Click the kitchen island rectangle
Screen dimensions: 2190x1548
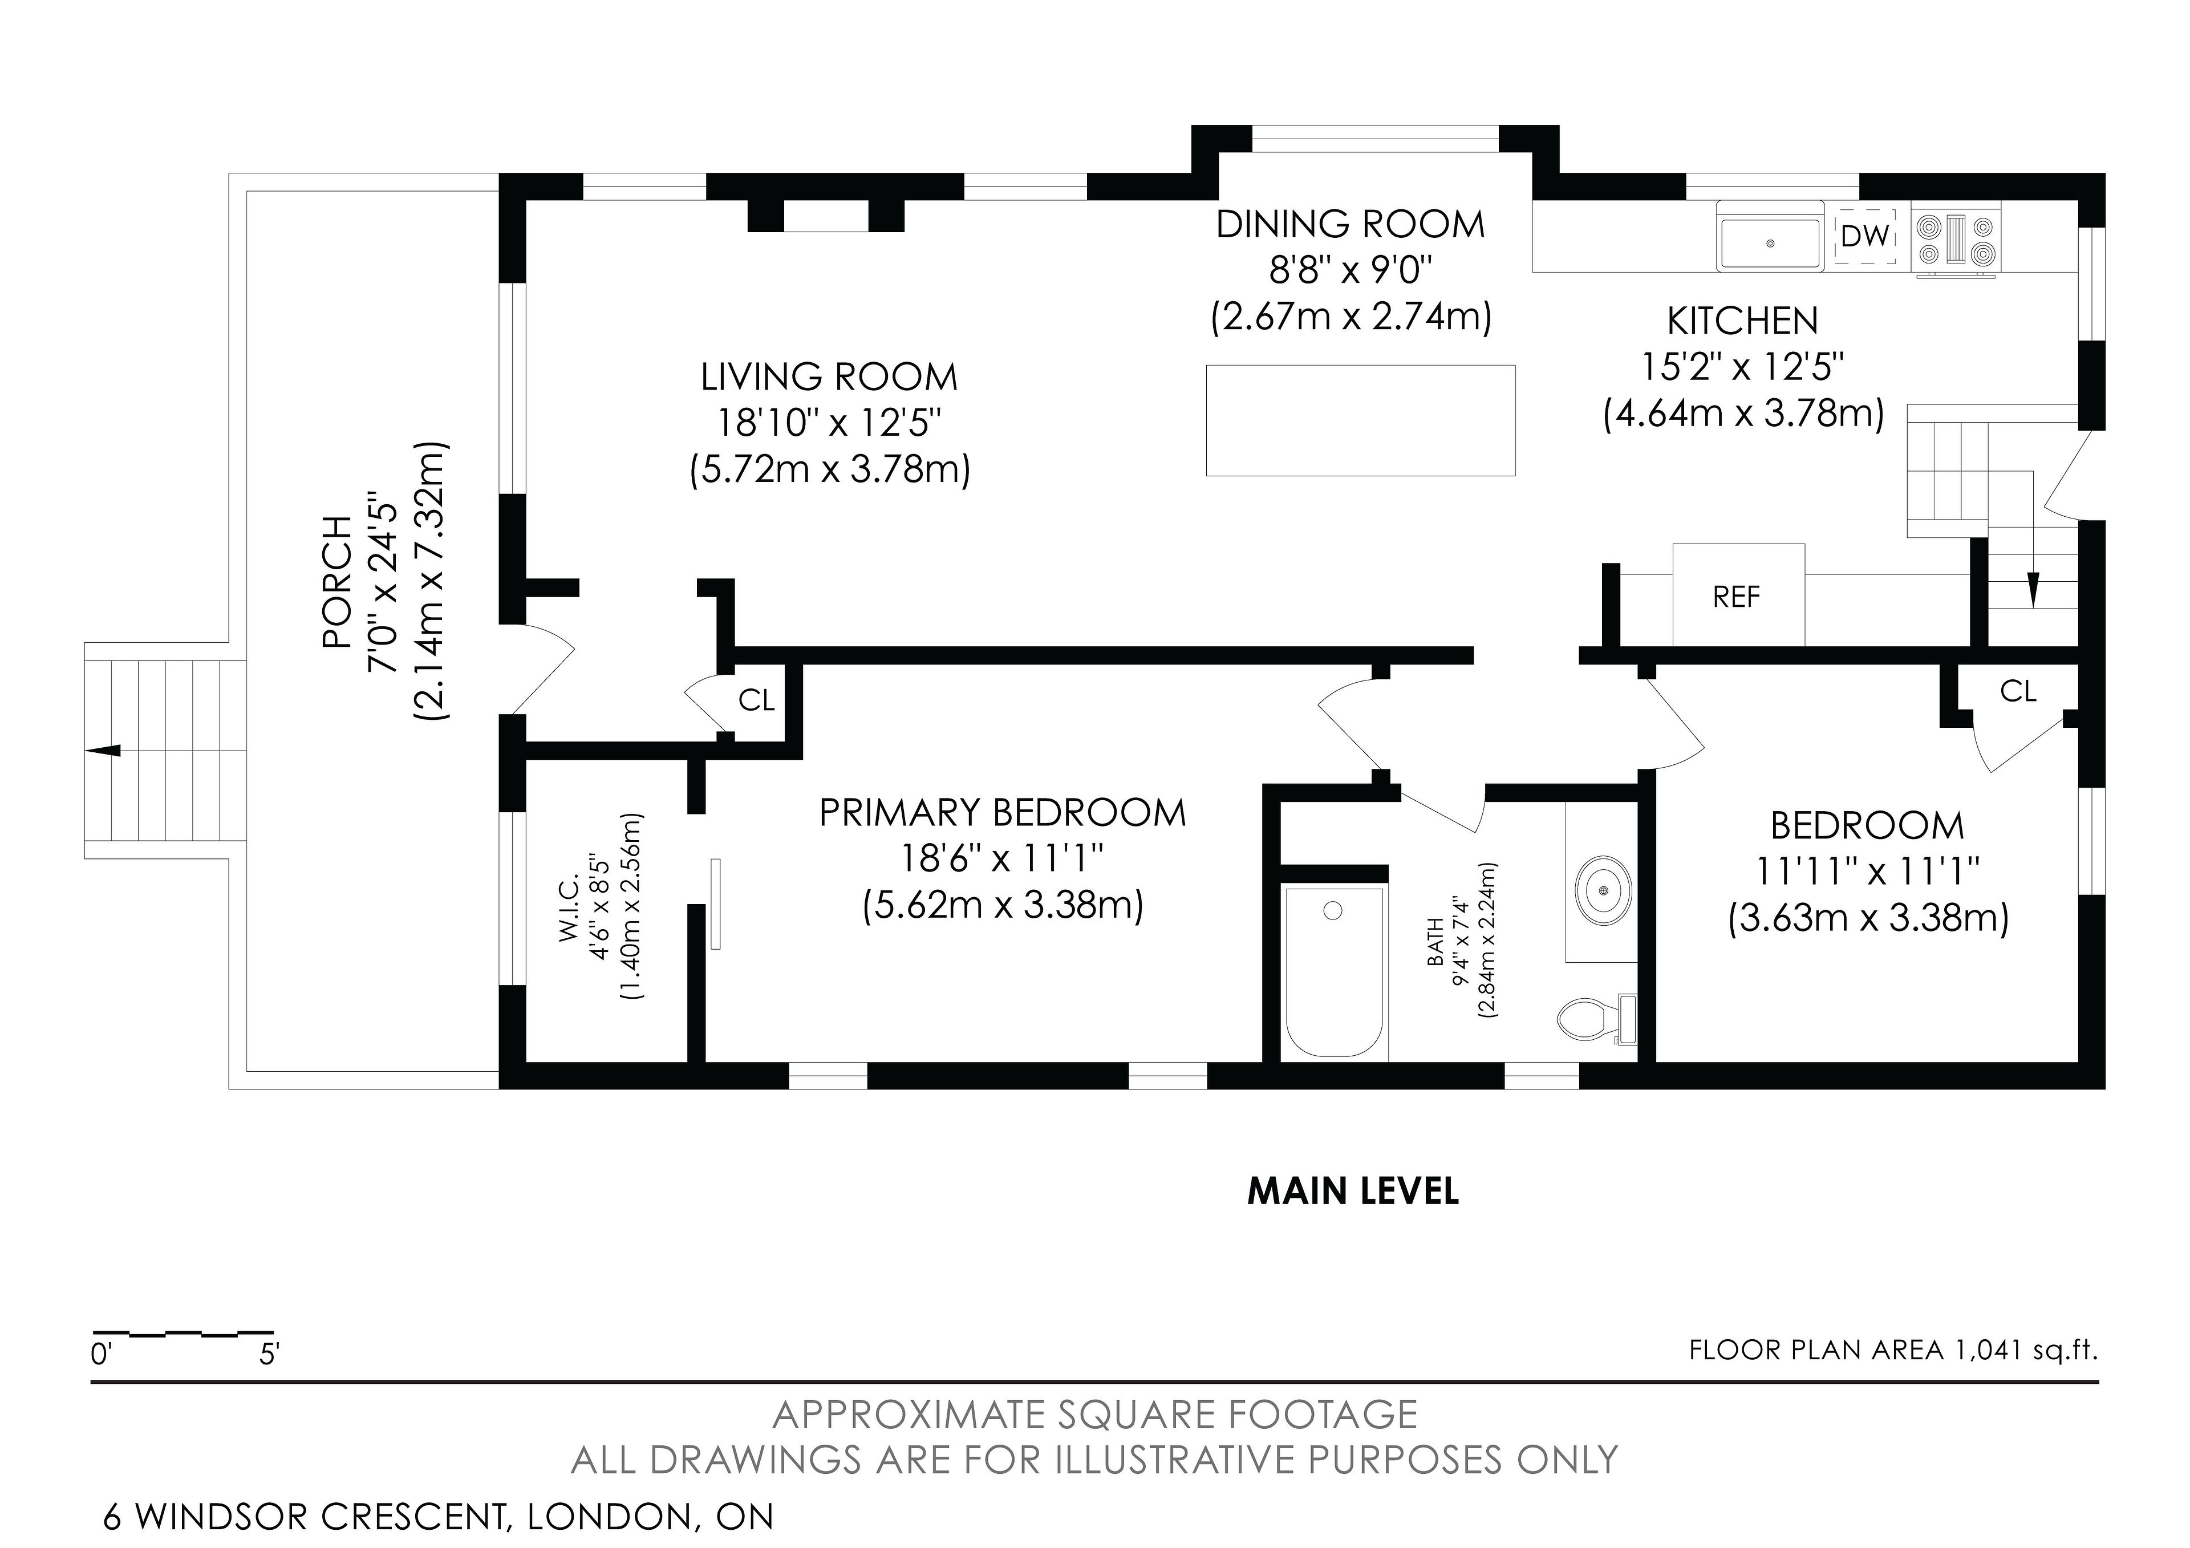[1360, 420]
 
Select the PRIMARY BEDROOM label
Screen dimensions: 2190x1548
[1003, 813]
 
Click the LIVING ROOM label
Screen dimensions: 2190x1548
[829, 378]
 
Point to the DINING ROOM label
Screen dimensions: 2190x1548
[1350, 225]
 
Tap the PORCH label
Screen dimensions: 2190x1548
[336, 582]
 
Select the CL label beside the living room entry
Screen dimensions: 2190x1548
[756, 701]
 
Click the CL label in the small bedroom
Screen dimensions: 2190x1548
[2017, 691]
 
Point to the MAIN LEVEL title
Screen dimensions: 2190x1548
[1353, 1192]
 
